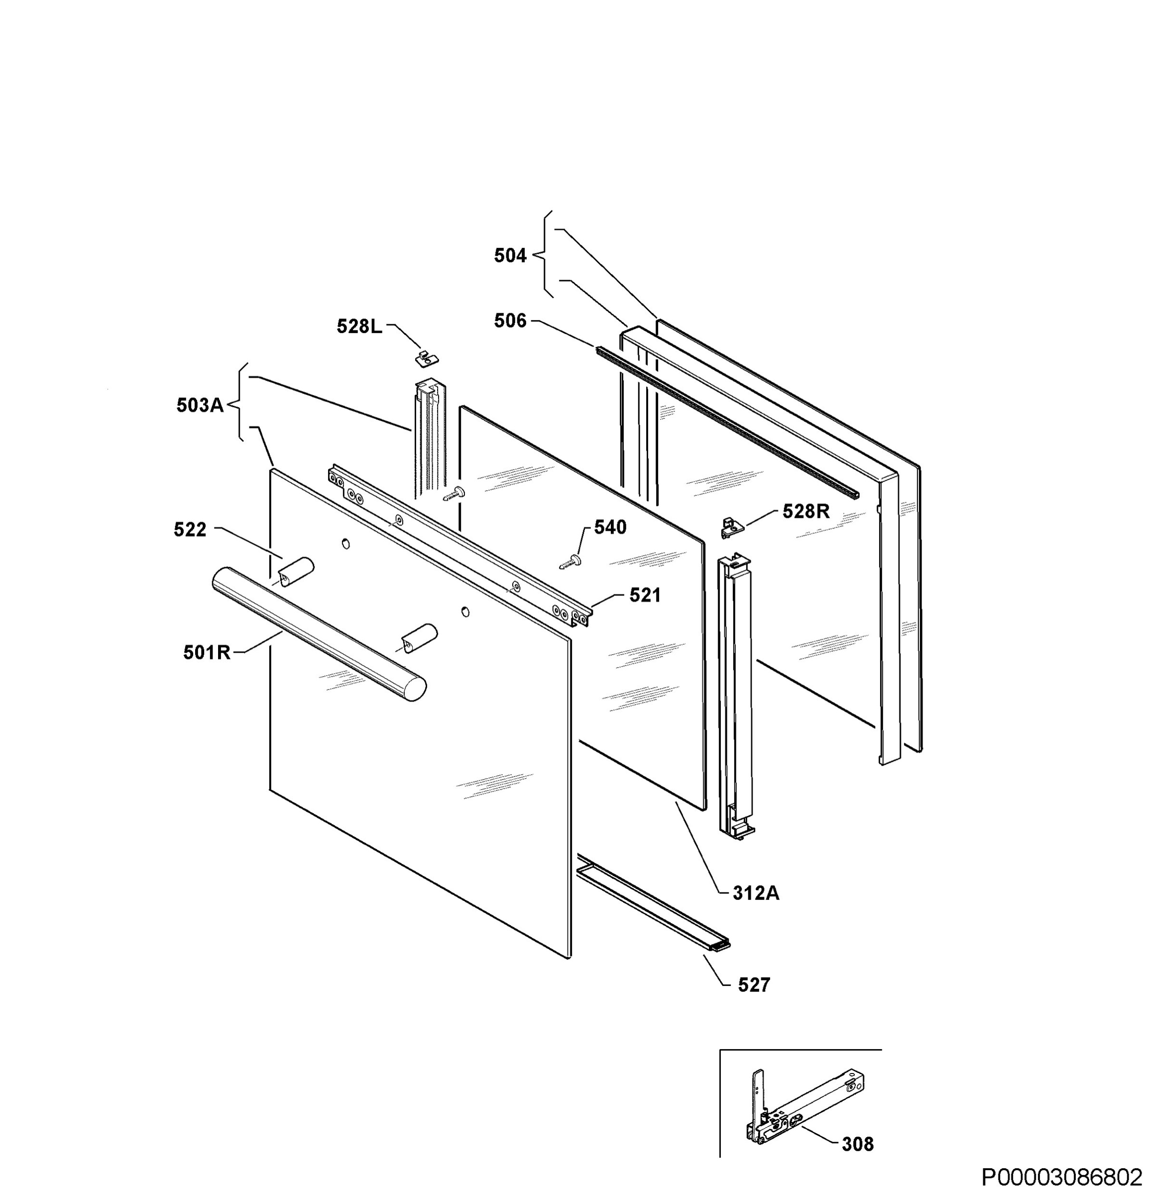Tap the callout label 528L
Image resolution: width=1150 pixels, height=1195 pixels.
(359, 327)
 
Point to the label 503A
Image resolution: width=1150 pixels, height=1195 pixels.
(200, 405)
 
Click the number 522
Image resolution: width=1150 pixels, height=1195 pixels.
(190, 530)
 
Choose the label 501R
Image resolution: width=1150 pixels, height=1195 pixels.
(207, 652)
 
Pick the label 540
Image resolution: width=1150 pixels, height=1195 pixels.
(610, 527)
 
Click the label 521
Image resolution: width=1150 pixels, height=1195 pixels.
(645, 595)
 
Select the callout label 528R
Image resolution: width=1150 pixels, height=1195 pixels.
(805, 511)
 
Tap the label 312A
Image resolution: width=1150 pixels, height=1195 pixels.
(756, 893)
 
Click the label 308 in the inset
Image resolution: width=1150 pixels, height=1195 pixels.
(857, 1144)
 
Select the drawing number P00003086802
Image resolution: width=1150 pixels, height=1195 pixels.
(1061, 1176)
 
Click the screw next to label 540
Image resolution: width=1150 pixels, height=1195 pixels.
(571, 561)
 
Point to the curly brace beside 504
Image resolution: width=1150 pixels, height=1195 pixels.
(544, 254)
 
